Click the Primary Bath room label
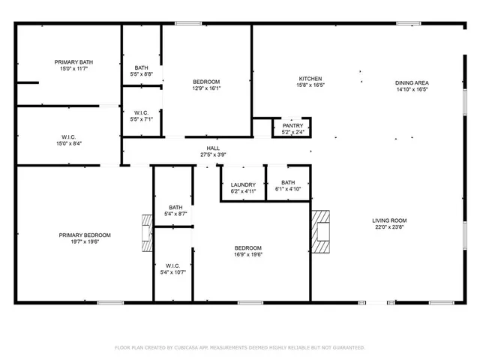pos(68,61)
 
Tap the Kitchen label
pos(310,79)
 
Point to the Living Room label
pos(389,220)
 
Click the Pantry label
pos(292,126)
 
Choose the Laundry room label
pos(243,184)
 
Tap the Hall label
pos(213,148)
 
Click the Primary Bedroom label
pos(85,235)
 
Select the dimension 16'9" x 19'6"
pos(248,254)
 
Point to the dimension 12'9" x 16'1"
pos(206,88)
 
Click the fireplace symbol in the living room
pos(321,228)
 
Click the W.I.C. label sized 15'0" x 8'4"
pos(67,136)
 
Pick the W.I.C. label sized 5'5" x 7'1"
pos(142,112)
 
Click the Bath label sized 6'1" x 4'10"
pos(288,182)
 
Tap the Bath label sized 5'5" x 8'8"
pos(142,67)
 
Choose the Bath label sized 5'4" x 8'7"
pos(175,208)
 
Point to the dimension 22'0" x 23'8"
pos(389,227)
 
